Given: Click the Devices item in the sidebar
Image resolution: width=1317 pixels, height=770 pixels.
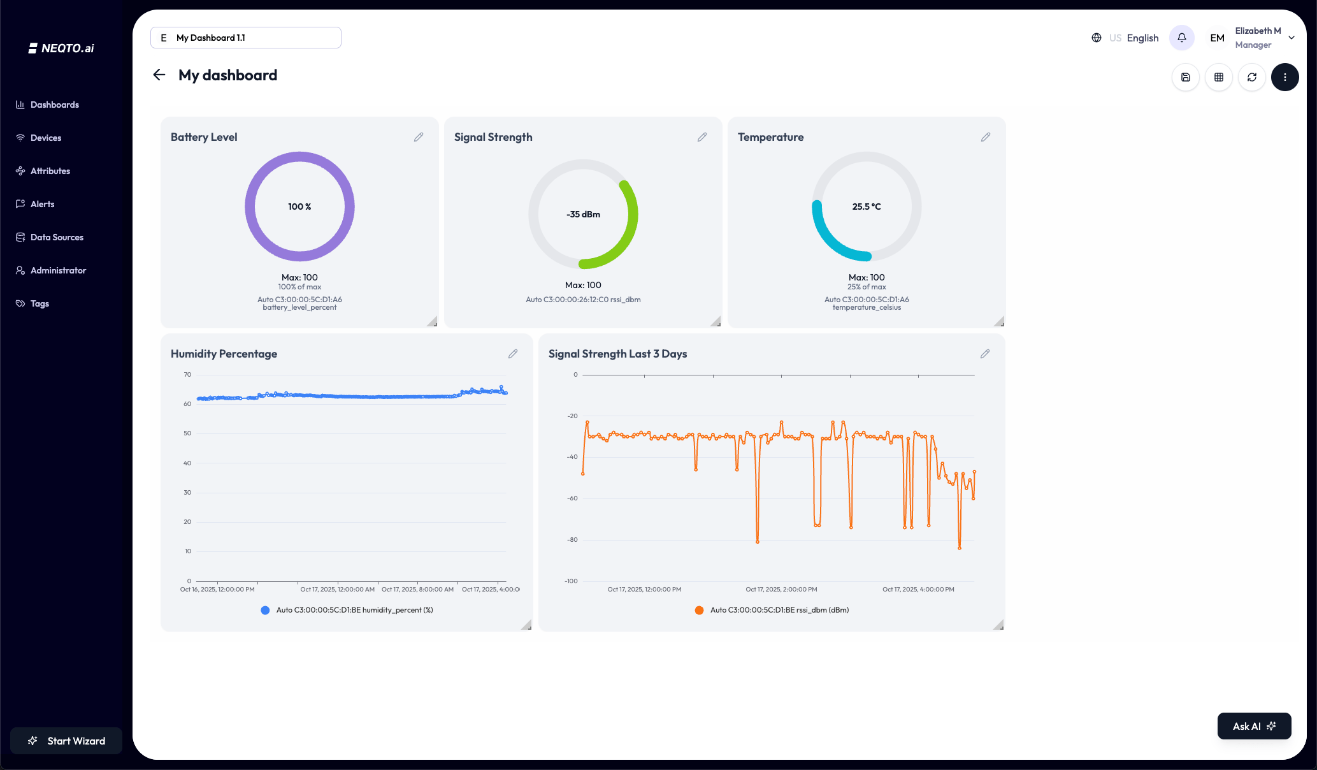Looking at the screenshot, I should [x=45, y=138].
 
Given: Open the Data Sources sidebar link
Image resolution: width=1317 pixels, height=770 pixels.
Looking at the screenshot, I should [x=56, y=237].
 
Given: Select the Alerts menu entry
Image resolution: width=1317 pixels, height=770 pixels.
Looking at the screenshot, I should [x=42, y=204].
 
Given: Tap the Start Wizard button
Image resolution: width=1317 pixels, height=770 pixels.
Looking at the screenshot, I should [x=66, y=741].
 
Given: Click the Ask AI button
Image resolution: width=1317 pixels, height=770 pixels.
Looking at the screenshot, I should [x=1253, y=726].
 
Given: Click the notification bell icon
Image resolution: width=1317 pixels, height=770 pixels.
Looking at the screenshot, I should [x=1181, y=38].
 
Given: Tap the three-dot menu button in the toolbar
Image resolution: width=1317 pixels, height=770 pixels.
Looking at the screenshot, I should [x=1285, y=77].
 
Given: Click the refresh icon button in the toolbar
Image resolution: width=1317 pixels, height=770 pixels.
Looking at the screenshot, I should [x=1251, y=77].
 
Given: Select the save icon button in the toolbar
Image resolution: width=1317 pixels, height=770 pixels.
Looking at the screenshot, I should [x=1185, y=77].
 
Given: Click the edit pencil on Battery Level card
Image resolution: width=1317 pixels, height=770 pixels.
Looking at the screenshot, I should [x=419, y=137].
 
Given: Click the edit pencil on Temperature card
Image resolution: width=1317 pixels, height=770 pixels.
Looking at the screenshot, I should [x=985, y=137].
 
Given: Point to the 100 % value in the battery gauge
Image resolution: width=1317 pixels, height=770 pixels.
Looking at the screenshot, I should [x=299, y=207].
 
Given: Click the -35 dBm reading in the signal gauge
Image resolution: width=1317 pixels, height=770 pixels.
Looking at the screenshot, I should [x=583, y=214].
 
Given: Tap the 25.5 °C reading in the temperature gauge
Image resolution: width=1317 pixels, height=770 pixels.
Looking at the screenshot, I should [x=867, y=207].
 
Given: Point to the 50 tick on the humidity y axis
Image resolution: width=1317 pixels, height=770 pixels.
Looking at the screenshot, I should [x=187, y=433].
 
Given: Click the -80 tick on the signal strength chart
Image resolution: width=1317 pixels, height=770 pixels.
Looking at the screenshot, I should [x=572, y=540].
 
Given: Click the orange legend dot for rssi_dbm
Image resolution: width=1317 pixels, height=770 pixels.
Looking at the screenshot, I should [x=699, y=610].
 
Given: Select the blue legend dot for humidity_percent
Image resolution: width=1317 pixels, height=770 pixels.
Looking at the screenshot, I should [x=265, y=610].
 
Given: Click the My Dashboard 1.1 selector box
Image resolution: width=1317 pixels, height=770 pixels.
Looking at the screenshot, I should [x=246, y=38].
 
